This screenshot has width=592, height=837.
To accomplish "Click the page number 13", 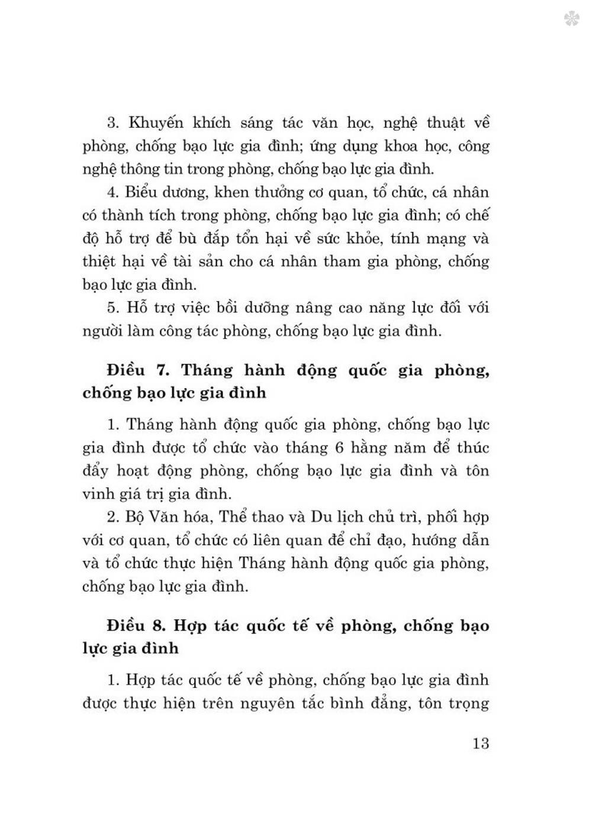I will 481,744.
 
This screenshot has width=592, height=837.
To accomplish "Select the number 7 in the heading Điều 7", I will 163,371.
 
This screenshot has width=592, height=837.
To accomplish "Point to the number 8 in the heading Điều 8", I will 159,626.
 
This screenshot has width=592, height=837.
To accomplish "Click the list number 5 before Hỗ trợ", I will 113,308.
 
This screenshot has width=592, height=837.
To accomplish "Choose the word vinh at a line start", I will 96,494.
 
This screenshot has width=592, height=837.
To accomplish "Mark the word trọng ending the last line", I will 468,704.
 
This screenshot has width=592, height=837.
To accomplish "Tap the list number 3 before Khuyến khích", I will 113,124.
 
